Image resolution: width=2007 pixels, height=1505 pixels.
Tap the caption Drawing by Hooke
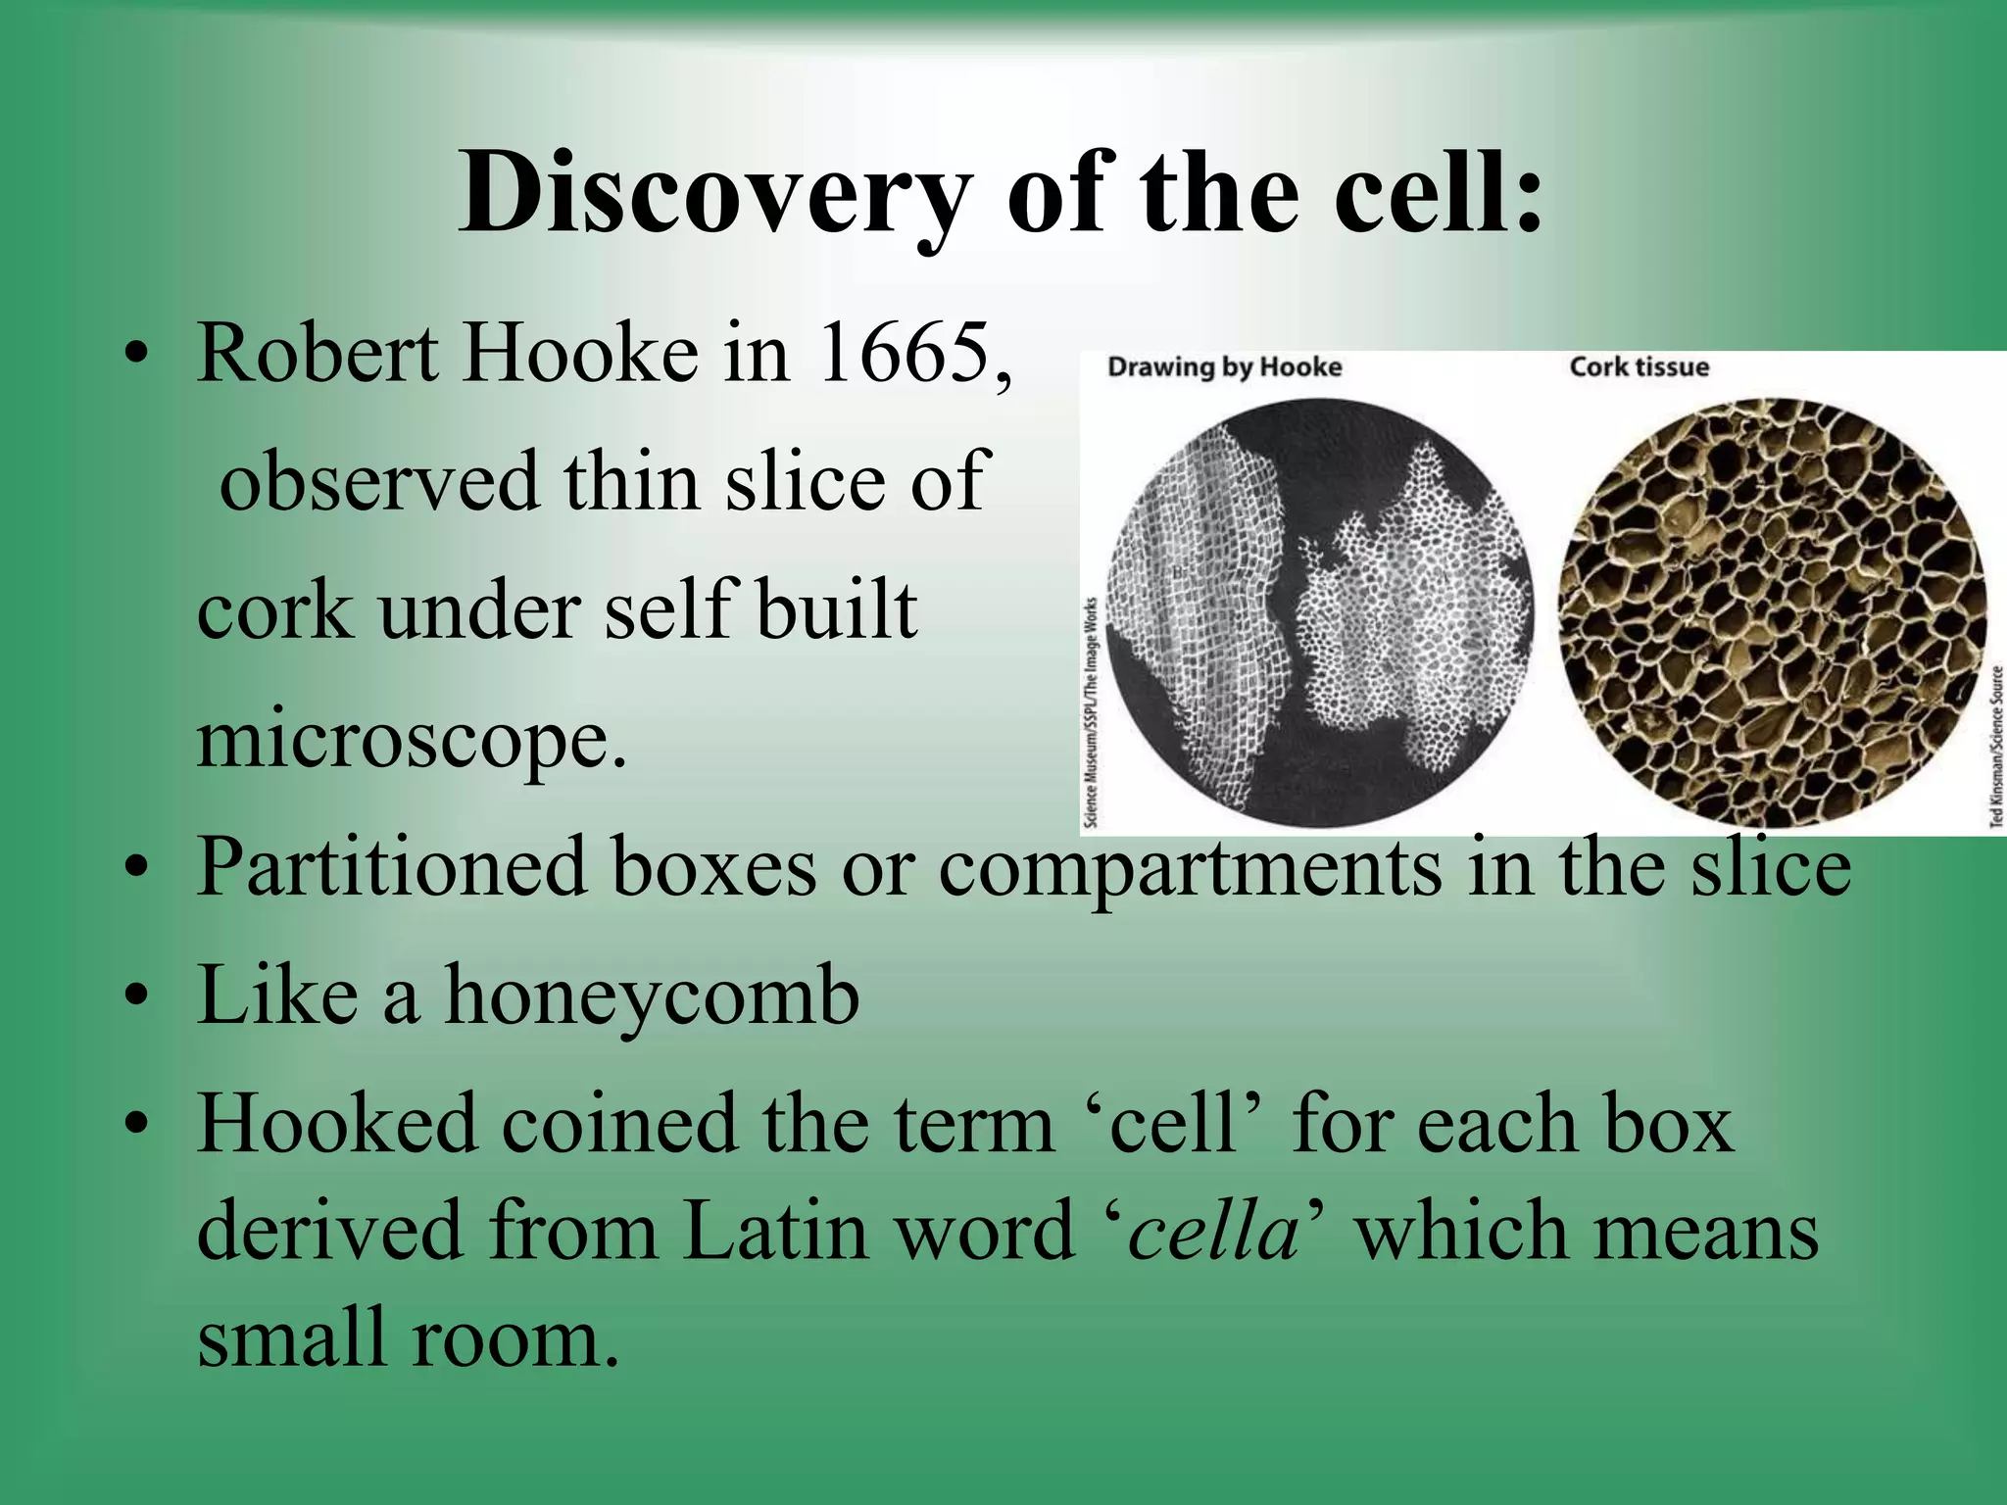coord(1224,367)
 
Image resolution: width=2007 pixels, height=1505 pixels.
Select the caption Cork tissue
coord(1639,367)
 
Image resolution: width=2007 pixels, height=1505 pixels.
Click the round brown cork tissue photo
coord(1772,612)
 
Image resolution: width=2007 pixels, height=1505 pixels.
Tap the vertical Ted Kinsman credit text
coord(1996,746)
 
